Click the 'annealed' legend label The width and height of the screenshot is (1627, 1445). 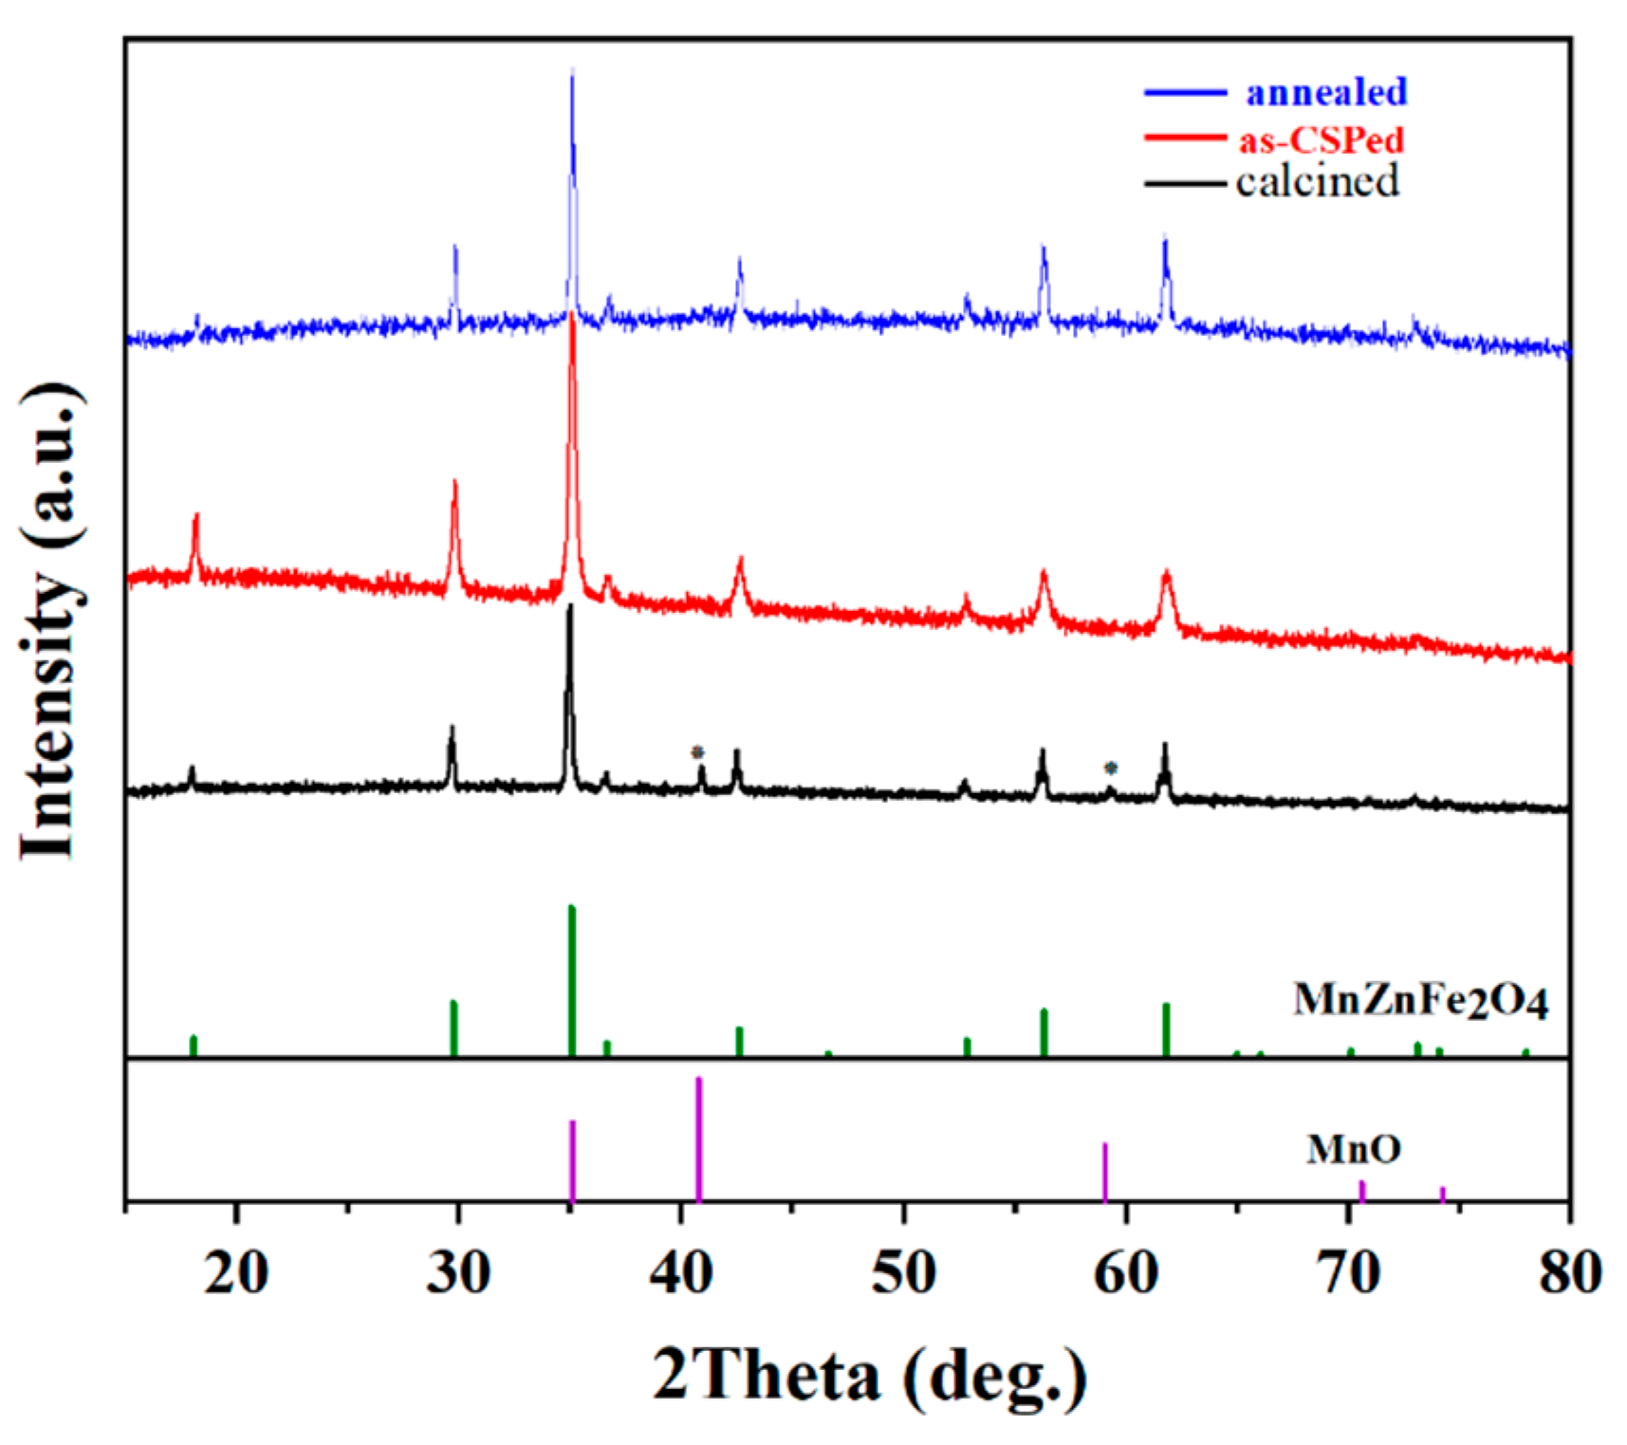[1325, 92]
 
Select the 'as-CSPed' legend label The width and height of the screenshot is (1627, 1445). [1321, 139]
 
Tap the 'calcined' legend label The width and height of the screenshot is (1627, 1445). [1317, 180]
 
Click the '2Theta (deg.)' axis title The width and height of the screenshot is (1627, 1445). [869, 1377]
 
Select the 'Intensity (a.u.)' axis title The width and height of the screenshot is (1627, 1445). [52, 621]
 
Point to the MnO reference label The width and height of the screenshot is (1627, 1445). [1353, 1149]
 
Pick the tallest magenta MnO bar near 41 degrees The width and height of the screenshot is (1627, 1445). [699, 1139]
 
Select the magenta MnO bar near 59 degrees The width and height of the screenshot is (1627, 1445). [1105, 1173]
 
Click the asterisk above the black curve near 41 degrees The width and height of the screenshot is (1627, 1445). [697, 752]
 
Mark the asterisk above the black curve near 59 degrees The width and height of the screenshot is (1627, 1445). [1110, 768]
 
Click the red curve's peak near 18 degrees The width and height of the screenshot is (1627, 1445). [196, 517]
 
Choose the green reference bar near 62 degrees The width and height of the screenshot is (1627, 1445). [1166, 1029]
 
